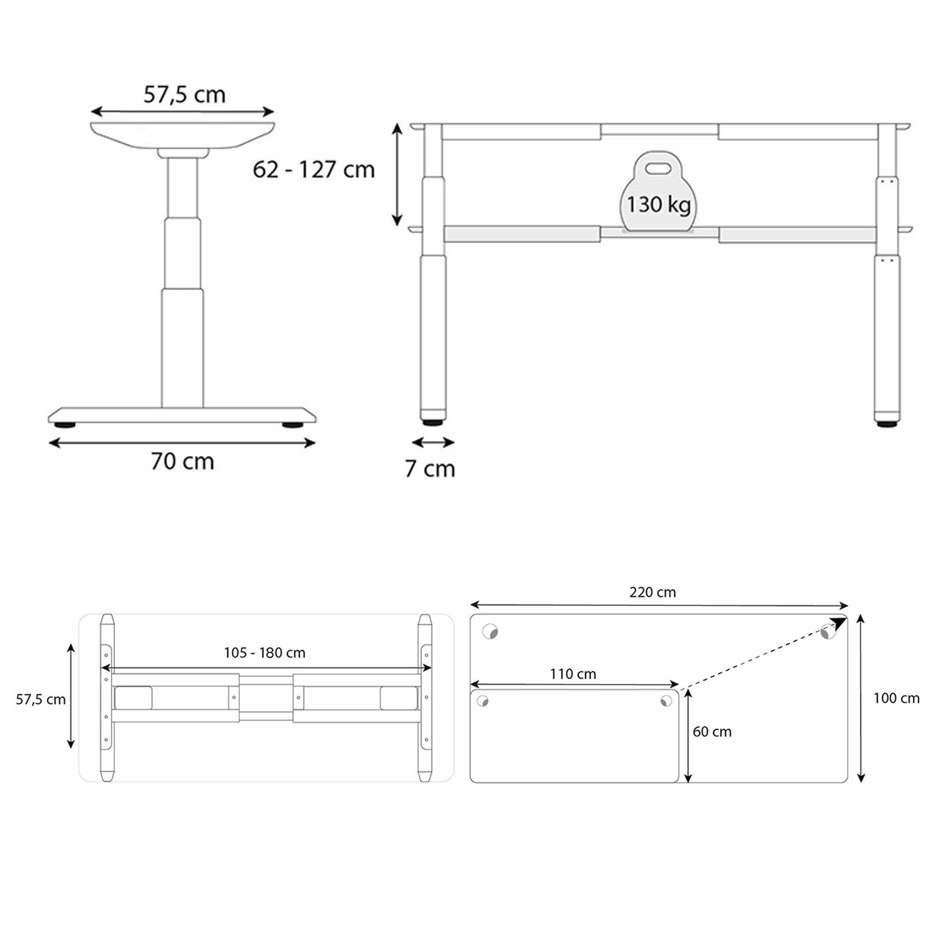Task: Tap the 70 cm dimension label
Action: [x=182, y=461]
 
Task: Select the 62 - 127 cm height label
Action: [x=314, y=170]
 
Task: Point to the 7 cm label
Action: [x=430, y=469]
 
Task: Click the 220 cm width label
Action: [x=652, y=593]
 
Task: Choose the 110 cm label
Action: [x=573, y=674]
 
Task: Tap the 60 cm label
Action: [x=712, y=732]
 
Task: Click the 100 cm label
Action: [x=896, y=698]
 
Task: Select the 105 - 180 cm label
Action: [x=264, y=653]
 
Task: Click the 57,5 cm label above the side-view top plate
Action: [x=184, y=95]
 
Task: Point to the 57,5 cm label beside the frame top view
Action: [x=41, y=700]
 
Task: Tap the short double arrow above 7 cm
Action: [x=433, y=442]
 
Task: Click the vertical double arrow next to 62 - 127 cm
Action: [x=398, y=175]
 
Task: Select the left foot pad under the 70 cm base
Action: [x=65, y=425]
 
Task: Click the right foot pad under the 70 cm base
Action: [x=292, y=425]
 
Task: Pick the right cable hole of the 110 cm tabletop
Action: [x=666, y=701]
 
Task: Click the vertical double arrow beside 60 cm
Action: [x=688, y=736]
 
